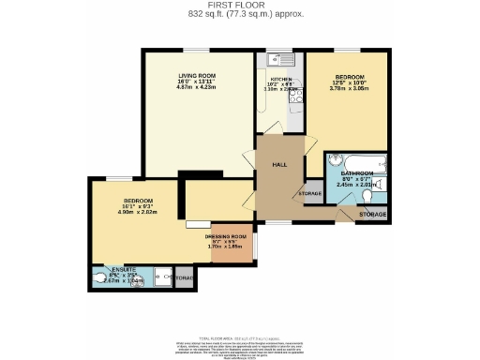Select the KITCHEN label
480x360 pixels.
coord(282,80)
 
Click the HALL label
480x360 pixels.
coord(278,165)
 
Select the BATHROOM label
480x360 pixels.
coord(357,174)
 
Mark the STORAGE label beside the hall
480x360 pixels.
coord(309,194)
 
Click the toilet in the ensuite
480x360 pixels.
coord(99,278)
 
